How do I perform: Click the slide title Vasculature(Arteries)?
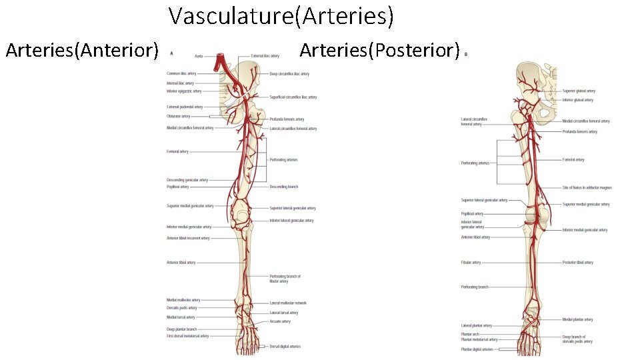[281, 16]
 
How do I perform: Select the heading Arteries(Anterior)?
[81, 50]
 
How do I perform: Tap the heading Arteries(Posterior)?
[379, 50]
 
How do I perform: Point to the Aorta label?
[199, 57]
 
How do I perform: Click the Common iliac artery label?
[181, 73]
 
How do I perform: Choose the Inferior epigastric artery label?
[184, 91]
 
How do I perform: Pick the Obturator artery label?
[178, 116]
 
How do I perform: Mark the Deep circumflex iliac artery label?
[289, 73]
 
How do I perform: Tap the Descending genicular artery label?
[187, 180]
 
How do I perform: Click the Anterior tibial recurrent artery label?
[188, 238]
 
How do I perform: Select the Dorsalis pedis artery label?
[181, 308]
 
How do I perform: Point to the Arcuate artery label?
[280, 321]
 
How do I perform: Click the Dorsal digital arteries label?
[285, 347]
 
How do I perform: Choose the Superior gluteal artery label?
[579, 91]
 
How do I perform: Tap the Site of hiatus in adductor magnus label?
[587, 188]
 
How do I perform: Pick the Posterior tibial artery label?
[577, 263]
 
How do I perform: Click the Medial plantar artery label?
[577, 319]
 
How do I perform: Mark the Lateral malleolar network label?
[288, 303]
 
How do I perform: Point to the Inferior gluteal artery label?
[577, 100]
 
